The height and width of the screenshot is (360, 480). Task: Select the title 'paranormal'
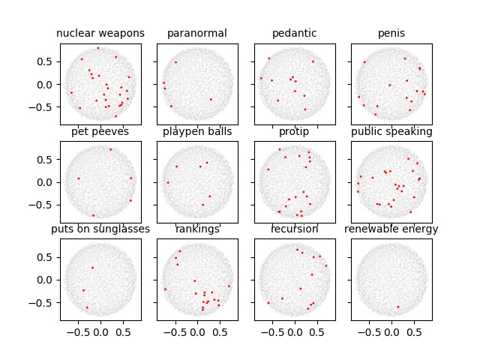[x=197, y=34]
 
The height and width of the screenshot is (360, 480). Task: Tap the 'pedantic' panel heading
[x=295, y=34]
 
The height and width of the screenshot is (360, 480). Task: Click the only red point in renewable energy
[x=397, y=307]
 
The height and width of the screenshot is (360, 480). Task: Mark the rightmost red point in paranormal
[x=211, y=99]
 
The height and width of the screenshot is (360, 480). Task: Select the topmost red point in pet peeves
[x=110, y=148]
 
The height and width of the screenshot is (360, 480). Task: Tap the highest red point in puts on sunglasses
[x=92, y=267]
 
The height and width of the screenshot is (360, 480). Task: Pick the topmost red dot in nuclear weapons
[x=97, y=48]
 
